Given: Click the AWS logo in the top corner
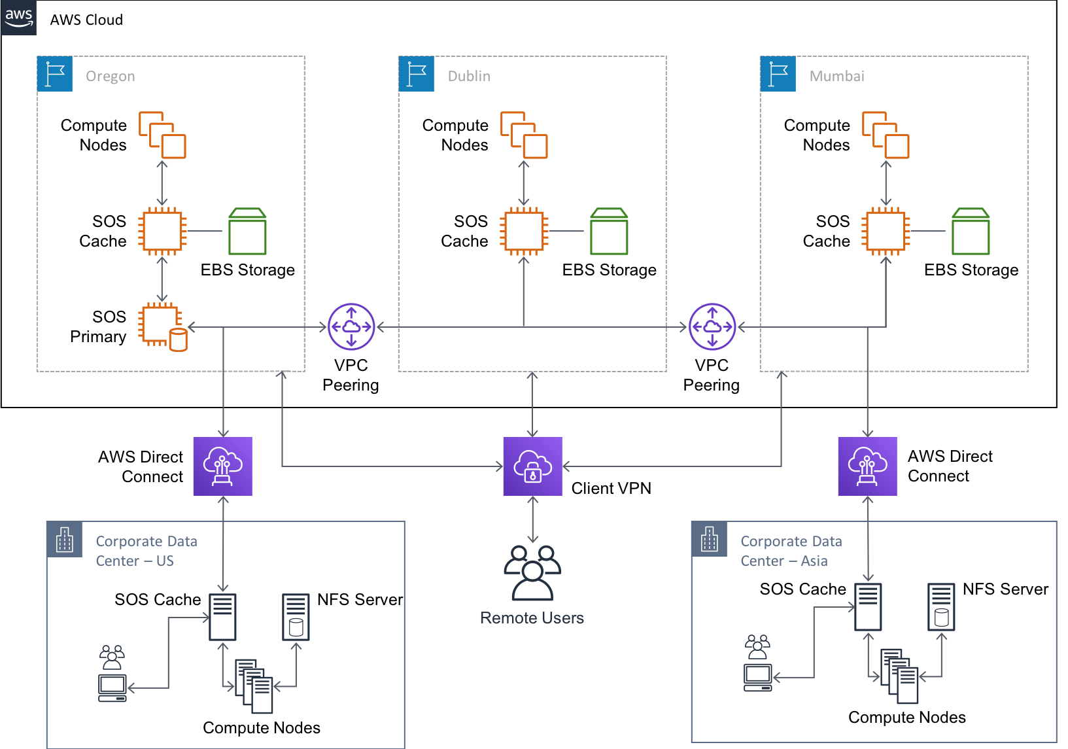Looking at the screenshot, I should coord(19,18).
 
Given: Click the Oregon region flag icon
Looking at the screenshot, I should coord(55,73).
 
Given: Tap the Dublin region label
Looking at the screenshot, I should coord(468,77).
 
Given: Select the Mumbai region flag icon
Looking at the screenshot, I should coord(778,73).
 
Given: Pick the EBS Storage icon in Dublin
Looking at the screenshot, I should coord(608,232).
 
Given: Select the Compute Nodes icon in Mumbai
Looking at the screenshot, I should coord(886,135).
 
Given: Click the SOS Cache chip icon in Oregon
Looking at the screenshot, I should coord(162,232).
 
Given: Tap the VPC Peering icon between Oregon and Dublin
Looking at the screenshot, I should coord(351,326).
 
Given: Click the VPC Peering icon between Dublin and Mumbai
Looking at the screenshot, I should coord(712,326).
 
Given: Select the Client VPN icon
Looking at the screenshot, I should coord(532,466).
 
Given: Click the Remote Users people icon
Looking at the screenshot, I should coord(532,573).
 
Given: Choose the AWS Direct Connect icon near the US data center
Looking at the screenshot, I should coord(222,466).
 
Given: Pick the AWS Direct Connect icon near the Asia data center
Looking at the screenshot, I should coord(867,466).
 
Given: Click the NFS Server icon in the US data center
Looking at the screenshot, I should coord(296,617).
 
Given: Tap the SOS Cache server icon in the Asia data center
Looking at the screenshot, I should coord(868,607).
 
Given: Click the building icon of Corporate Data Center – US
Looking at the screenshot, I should coord(64,540).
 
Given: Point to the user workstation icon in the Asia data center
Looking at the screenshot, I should coord(757,663).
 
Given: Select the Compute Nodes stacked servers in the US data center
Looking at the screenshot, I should coord(254,686).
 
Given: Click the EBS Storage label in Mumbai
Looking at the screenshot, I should coord(971,270).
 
